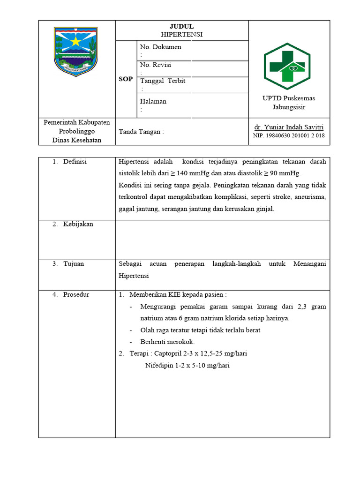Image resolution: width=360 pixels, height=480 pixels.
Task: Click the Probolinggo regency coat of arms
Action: (x=76, y=51)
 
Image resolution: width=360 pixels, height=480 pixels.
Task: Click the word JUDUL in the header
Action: (x=181, y=26)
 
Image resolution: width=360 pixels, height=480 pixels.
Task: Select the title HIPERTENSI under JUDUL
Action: (x=181, y=34)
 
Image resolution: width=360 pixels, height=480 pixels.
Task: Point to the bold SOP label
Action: (x=126, y=79)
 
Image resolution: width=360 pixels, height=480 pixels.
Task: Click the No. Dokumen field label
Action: (x=161, y=47)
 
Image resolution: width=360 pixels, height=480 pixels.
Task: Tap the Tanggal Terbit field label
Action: (x=163, y=81)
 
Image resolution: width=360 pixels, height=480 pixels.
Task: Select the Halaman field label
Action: (x=153, y=101)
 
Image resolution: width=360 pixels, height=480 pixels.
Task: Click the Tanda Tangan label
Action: (x=142, y=132)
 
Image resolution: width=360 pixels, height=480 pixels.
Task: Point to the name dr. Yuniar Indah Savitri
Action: (x=289, y=127)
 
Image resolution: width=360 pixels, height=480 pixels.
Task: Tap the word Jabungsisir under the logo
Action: (x=289, y=107)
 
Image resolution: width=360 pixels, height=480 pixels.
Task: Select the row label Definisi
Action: (x=75, y=162)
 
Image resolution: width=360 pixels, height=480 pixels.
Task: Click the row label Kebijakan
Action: (x=78, y=224)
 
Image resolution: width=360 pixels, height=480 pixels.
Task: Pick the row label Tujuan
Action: (x=74, y=264)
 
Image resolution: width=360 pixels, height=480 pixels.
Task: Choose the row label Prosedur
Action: (x=76, y=295)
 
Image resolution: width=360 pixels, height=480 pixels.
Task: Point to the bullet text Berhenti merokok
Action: (x=167, y=342)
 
